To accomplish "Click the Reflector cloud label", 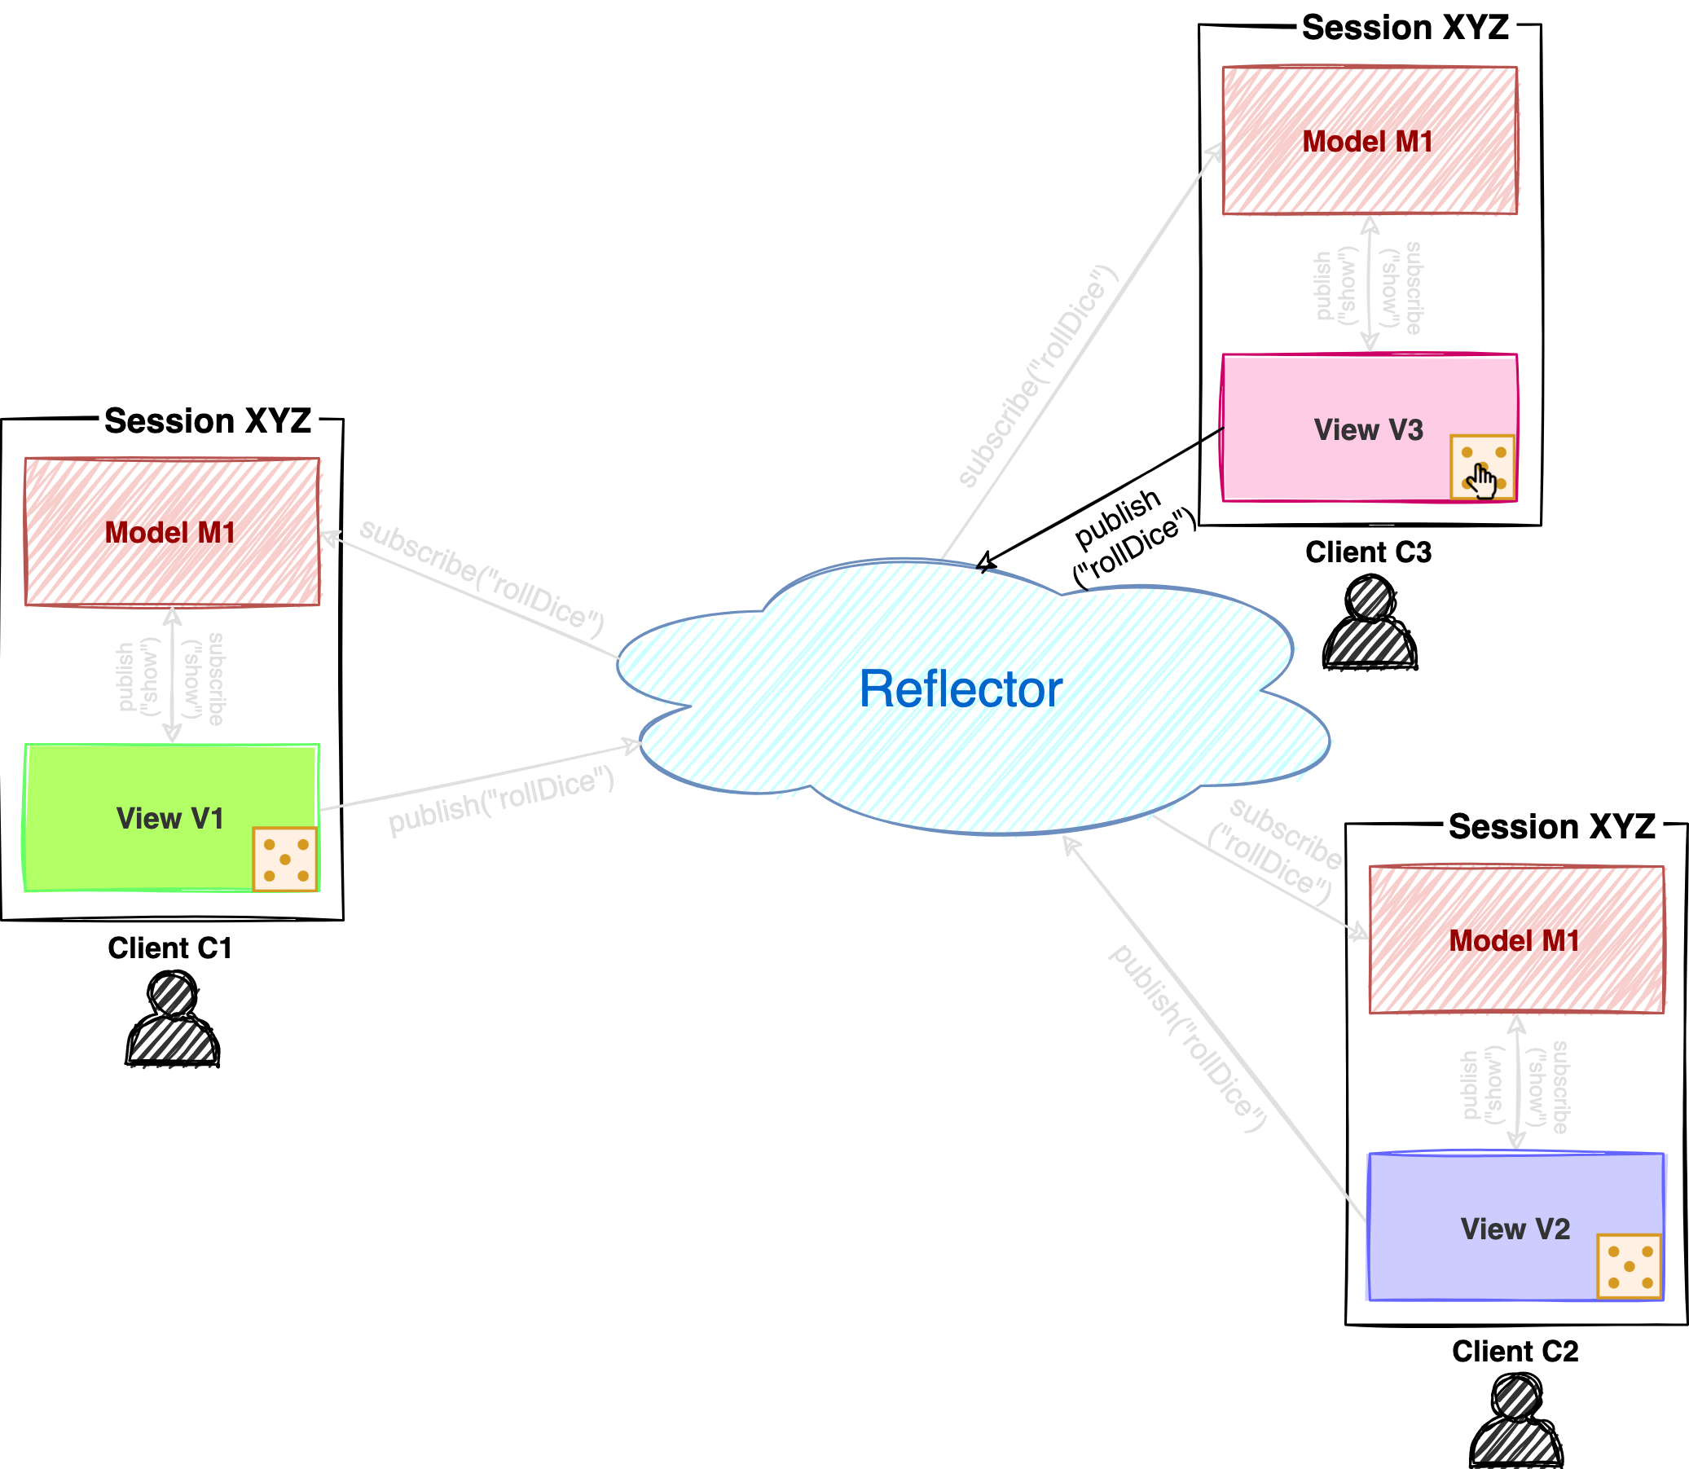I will click(961, 688).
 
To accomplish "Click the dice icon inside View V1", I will click(285, 859).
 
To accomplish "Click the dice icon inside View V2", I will click(1630, 1266).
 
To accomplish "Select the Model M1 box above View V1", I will click(172, 532).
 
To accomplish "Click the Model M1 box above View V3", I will click(1370, 141).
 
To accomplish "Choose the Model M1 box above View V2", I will click(1516, 939).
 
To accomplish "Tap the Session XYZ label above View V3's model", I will click(1405, 27).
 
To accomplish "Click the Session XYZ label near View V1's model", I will click(209, 420).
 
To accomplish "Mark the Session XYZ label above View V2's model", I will click(1552, 825).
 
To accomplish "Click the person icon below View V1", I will click(174, 1023).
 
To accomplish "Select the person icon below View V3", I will click(1371, 627).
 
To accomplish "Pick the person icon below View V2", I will click(1517, 1425).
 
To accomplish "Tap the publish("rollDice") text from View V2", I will click(1187, 1039).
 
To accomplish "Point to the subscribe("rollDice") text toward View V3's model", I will click(1037, 377).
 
